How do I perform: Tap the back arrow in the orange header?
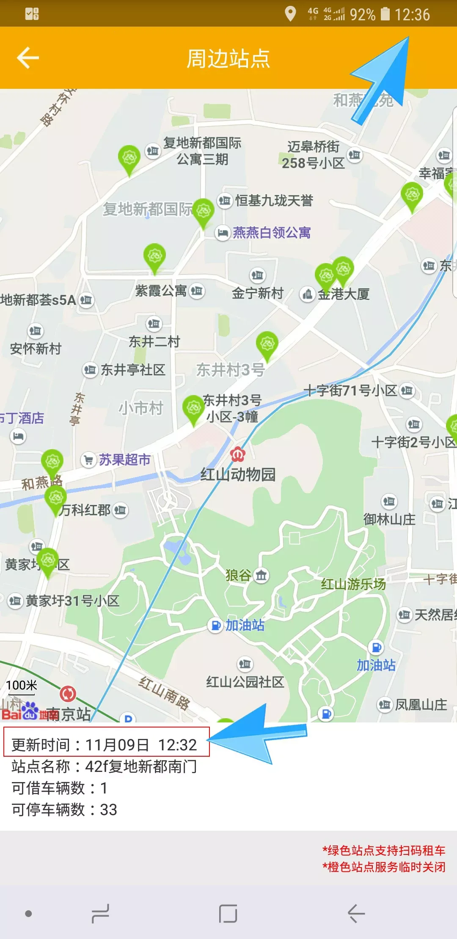tap(28, 58)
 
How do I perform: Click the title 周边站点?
tap(228, 58)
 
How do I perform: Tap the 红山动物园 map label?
tap(238, 475)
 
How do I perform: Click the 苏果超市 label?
tap(124, 460)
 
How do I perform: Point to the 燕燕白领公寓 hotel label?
tap(271, 233)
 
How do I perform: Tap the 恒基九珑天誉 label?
tap(274, 200)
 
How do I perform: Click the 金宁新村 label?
tap(258, 293)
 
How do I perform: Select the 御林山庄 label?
tap(389, 519)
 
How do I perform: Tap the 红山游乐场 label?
tap(353, 585)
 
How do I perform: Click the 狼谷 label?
tap(239, 575)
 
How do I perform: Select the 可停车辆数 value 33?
tap(108, 810)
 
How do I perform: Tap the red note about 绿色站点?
tap(383, 851)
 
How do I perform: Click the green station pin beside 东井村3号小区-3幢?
tap(193, 408)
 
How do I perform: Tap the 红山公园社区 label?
tap(245, 682)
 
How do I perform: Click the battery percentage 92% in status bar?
tap(362, 15)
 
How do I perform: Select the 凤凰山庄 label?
tap(421, 705)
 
